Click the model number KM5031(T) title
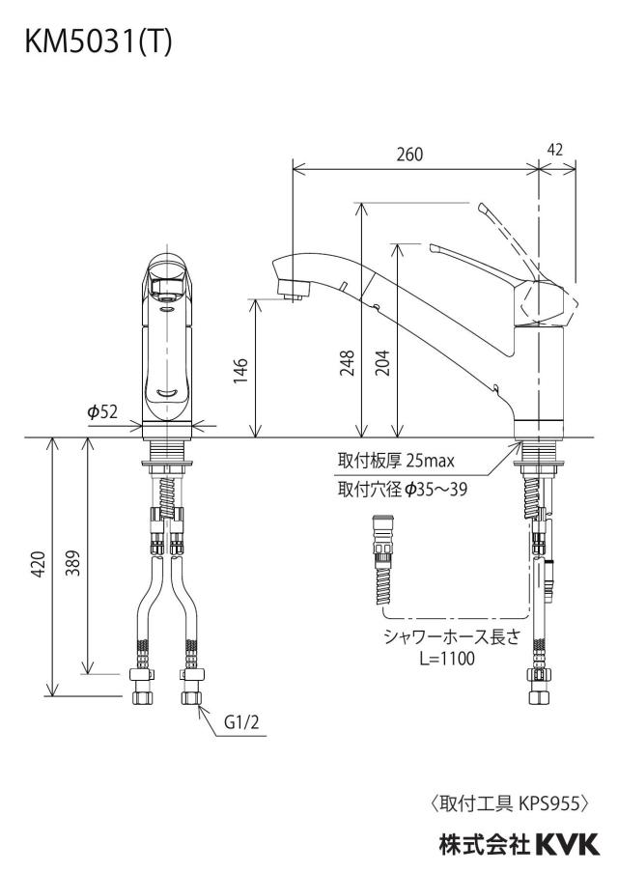coord(98,42)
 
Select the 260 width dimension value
coord(409,155)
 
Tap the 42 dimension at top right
coord(555,150)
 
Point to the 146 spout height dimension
coord(240,371)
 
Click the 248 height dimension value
coord(348,362)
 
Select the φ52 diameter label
coord(102,412)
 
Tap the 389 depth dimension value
coord(73,563)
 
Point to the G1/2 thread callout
coord(241,722)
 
